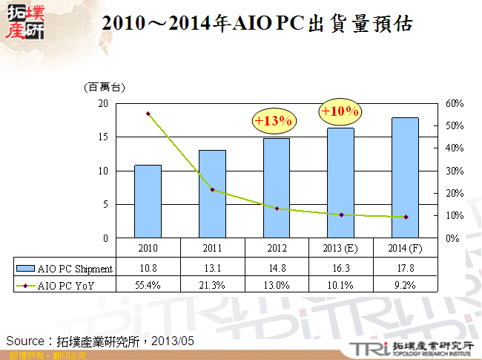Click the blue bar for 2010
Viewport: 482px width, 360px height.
click(x=148, y=201)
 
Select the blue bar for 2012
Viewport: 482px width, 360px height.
click(x=277, y=188)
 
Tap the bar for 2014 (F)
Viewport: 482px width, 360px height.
click(x=405, y=177)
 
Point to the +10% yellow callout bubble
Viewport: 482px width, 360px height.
click(x=340, y=111)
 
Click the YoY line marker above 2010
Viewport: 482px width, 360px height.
click(x=148, y=114)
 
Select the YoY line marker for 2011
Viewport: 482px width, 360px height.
click(x=212, y=190)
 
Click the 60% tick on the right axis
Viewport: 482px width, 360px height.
click(x=455, y=104)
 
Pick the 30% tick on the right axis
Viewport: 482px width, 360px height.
click(x=455, y=171)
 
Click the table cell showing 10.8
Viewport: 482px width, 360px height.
click(x=148, y=269)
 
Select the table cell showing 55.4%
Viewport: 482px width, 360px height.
click(x=148, y=284)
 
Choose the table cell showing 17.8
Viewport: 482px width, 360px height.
click(x=405, y=269)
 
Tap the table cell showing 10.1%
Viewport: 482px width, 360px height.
click(x=340, y=284)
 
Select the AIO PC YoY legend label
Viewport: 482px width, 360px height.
click(x=68, y=284)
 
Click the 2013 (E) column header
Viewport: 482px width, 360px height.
click(x=340, y=247)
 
